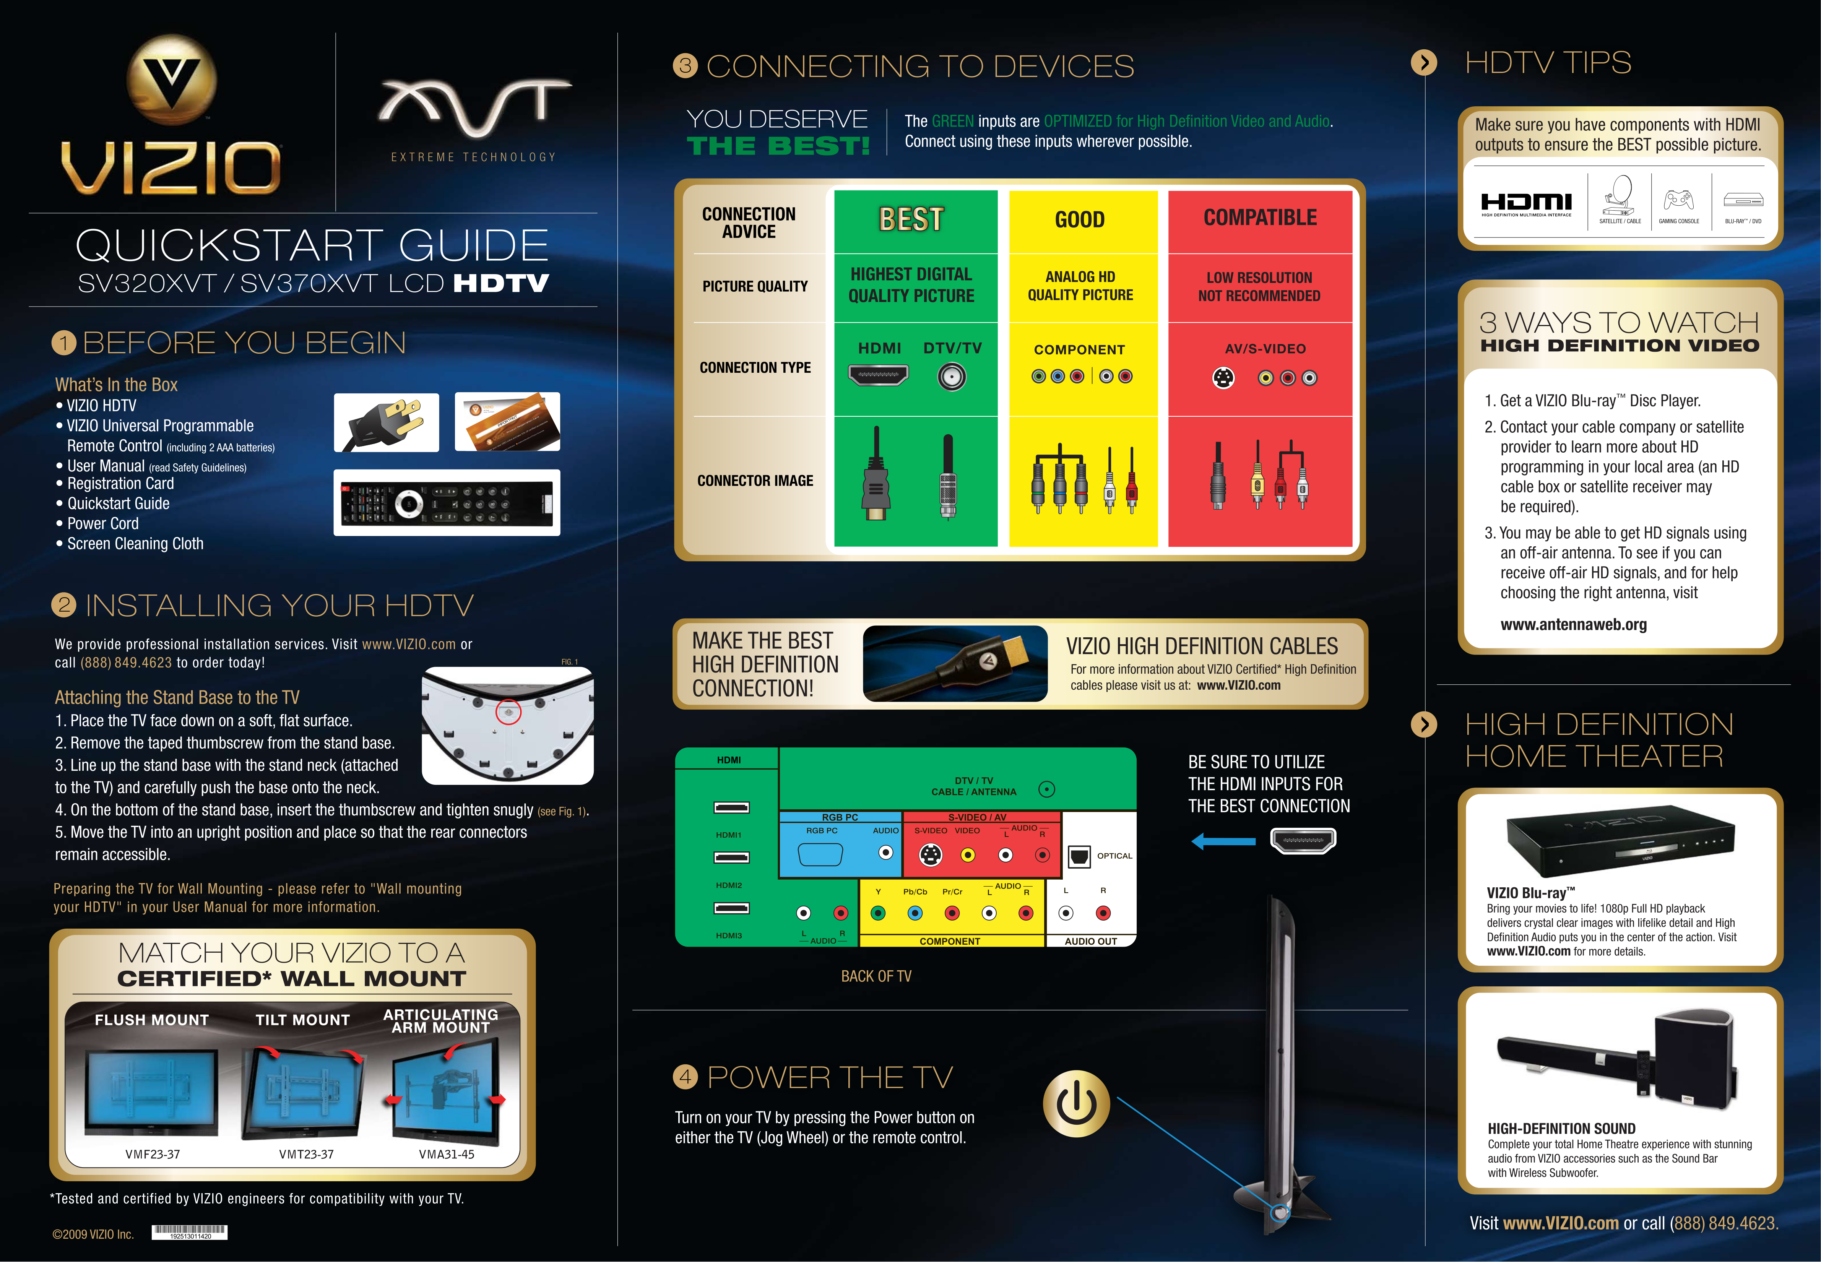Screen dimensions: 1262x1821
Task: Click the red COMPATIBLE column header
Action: tap(1260, 218)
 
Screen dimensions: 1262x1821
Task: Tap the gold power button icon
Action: tap(1076, 1104)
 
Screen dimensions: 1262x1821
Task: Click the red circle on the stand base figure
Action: tap(508, 711)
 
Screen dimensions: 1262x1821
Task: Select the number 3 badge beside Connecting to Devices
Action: tap(685, 66)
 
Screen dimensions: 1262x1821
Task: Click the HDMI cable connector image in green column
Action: tap(875, 474)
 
